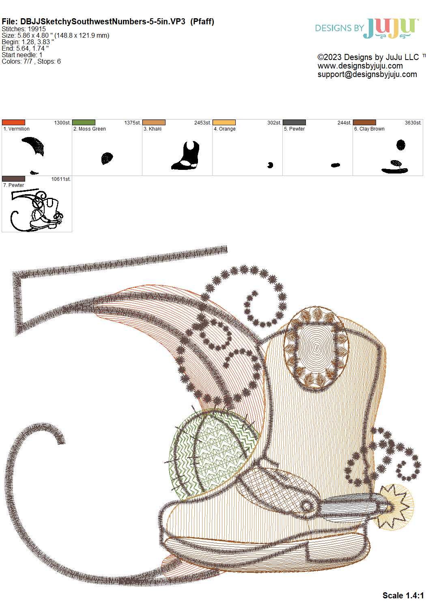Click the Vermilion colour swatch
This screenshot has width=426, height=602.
point(13,122)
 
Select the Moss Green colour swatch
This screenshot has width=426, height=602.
point(84,122)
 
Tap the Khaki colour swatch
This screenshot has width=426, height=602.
point(154,122)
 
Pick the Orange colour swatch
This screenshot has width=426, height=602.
point(224,122)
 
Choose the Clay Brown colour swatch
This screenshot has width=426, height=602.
point(364,122)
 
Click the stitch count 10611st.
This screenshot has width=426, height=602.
point(61,179)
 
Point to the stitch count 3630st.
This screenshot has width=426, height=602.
point(413,122)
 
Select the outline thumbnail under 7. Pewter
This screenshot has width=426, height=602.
point(37,210)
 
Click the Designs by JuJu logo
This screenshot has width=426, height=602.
point(367,28)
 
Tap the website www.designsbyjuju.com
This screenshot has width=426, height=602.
point(360,66)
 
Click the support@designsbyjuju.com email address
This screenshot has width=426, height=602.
point(367,75)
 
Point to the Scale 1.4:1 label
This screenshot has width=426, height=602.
point(403,595)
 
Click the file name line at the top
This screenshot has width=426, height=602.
point(108,21)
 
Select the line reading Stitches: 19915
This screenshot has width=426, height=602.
point(24,29)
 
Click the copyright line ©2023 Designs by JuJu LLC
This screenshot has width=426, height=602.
point(368,57)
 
